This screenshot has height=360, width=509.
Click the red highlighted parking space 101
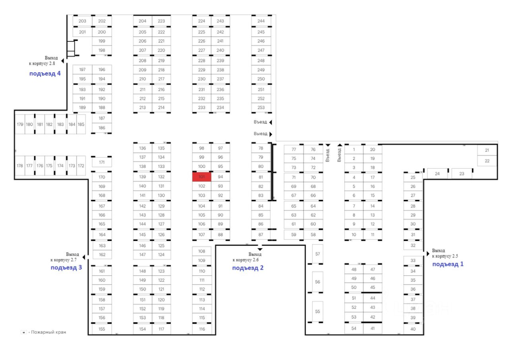pos(202,177)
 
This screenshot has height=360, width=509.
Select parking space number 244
pos(261,21)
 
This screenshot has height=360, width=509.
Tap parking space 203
pos(82,21)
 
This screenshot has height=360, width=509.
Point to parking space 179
pos(20,125)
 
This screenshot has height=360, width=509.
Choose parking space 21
pos(487,150)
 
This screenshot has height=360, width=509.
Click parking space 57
pos(317,253)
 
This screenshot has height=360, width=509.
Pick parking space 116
pos(202,329)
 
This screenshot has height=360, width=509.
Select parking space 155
pos(102,329)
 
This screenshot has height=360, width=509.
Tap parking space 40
pos(413,329)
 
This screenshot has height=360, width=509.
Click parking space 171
pos(102,162)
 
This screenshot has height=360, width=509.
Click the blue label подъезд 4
pos(45,74)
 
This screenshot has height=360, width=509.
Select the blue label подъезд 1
pos(448,264)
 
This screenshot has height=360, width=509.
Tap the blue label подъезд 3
pos(66,268)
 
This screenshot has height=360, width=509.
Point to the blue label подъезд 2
pos(248,268)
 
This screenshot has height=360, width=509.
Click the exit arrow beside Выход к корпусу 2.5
pos(428,253)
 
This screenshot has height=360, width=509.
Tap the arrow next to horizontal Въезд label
pos(270,122)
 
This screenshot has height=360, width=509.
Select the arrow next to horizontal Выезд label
pos(271,134)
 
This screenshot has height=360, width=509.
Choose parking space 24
pos(437,174)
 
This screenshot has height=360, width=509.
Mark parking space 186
pos(102,128)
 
